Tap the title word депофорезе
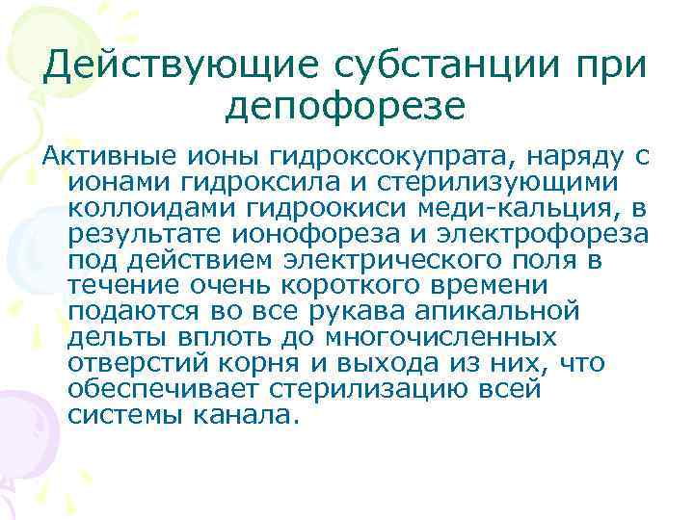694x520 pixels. [x=345, y=106]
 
